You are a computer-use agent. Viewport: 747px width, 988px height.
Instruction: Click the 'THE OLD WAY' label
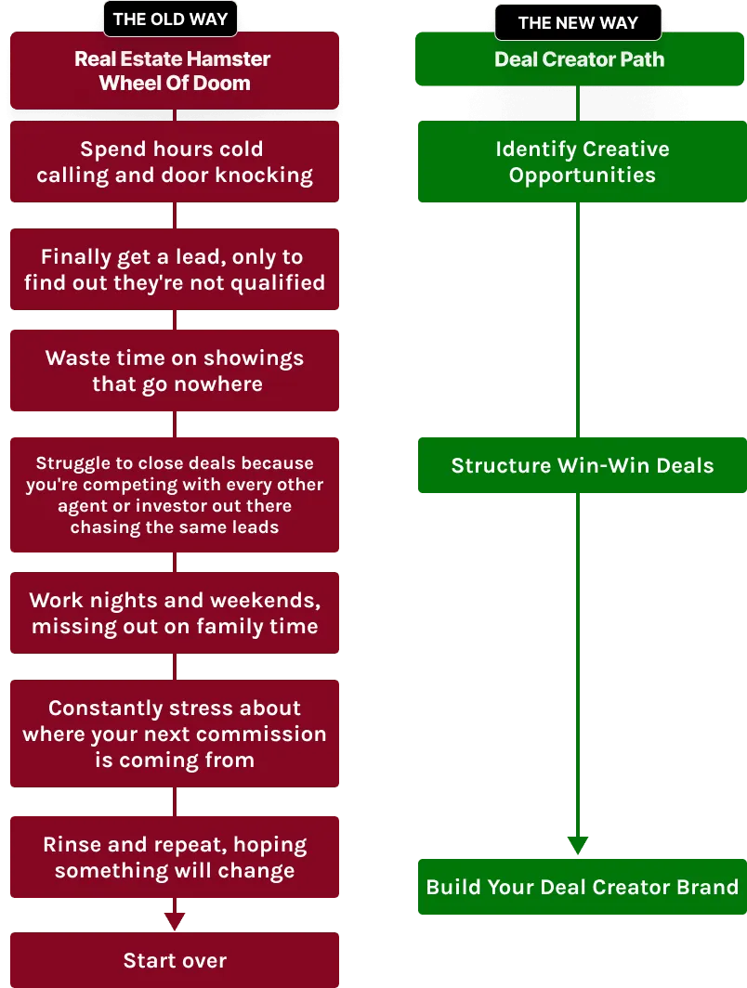[170, 19]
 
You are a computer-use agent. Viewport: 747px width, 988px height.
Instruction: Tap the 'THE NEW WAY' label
[578, 22]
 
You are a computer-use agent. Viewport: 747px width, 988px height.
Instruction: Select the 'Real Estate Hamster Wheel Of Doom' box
[174, 71]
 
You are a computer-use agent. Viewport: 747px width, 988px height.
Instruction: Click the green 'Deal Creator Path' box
[580, 59]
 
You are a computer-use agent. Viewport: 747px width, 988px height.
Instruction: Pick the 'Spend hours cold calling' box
[175, 162]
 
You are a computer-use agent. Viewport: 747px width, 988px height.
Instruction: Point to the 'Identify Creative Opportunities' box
[582, 162]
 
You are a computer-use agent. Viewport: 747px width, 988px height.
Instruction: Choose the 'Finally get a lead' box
[175, 269]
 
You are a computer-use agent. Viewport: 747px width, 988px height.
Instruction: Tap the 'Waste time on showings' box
[175, 371]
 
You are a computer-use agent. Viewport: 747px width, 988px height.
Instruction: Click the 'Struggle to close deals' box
[175, 495]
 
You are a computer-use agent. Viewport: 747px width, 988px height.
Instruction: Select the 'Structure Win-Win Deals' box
[582, 465]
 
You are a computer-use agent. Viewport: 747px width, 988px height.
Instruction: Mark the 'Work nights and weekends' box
[175, 614]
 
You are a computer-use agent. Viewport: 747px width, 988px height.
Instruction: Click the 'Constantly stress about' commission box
[175, 734]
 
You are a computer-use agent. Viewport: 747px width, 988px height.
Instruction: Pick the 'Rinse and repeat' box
[175, 857]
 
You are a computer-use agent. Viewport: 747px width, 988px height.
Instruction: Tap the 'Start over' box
[175, 961]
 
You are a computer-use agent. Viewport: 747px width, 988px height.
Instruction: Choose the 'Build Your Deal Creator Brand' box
[582, 886]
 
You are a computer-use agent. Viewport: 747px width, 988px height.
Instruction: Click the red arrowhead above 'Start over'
[175, 919]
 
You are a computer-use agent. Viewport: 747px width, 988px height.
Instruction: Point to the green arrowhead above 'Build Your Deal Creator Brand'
[578, 843]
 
